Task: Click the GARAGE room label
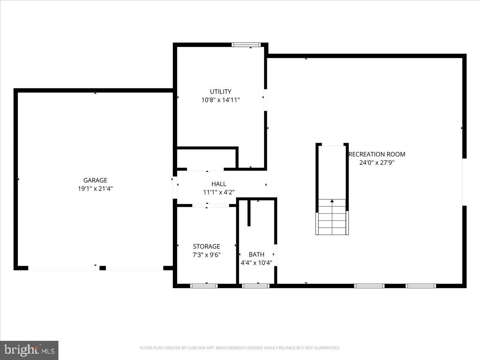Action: [95, 180]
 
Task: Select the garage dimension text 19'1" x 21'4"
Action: [95, 188]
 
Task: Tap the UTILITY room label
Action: [220, 92]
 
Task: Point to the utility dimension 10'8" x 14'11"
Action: [220, 100]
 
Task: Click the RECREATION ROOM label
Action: [377, 154]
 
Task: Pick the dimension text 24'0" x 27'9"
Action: [377, 162]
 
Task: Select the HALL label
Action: [219, 184]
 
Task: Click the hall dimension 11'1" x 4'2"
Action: [219, 192]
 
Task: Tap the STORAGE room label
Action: [206, 246]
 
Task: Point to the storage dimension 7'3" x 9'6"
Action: [206, 254]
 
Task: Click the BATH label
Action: [256, 254]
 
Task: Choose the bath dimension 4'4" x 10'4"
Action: [256, 263]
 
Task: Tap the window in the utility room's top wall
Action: [246, 45]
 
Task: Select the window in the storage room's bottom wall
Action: [204, 286]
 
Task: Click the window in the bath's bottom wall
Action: [256, 286]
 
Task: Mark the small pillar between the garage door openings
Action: [102, 268]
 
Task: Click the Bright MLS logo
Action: [29, 350]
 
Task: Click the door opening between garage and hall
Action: [175, 187]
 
